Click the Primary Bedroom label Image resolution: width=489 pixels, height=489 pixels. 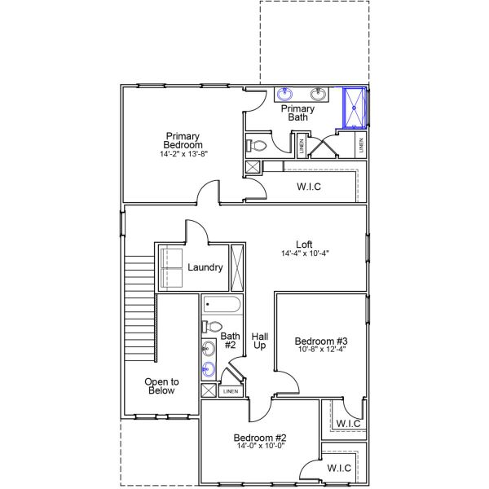pyautogui.click(x=183, y=141)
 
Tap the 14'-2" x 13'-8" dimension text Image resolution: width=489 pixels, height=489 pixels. pyautogui.click(x=183, y=154)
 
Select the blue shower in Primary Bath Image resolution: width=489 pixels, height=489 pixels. pyautogui.click(x=355, y=108)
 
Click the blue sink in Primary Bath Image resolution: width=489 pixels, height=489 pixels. pyautogui.click(x=285, y=94)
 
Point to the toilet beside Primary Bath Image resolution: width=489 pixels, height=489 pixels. pyautogui.click(x=257, y=145)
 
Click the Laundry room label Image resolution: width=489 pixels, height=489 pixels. pyautogui.click(x=205, y=267)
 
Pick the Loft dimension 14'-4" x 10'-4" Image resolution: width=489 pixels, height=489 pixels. pyautogui.click(x=305, y=253)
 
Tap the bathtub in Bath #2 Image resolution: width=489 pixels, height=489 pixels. pyautogui.click(x=222, y=304)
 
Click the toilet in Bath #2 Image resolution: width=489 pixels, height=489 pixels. pyautogui.click(x=212, y=327)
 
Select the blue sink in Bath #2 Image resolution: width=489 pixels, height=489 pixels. pyautogui.click(x=209, y=369)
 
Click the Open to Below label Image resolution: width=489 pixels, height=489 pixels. pyautogui.click(x=161, y=386)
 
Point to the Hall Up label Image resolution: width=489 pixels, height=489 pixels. pyautogui.click(x=260, y=341)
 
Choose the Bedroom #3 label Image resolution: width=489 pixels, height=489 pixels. pyautogui.click(x=321, y=341)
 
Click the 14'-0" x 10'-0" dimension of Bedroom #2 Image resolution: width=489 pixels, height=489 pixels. pyautogui.click(x=261, y=446)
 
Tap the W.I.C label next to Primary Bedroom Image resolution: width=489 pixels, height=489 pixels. pyautogui.click(x=309, y=187)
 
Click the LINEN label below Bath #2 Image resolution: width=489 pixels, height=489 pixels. pyautogui.click(x=231, y=391)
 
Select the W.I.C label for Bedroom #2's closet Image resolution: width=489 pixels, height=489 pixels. pyautogui.click(x=339, y=468)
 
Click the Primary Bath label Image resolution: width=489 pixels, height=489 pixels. pyautogui.click(x=297, y=113)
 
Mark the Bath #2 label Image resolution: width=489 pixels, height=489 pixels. pyautogui.click(x=230, y=341)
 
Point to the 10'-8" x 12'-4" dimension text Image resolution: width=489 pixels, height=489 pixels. pyautogui.click(x=322, y=350)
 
